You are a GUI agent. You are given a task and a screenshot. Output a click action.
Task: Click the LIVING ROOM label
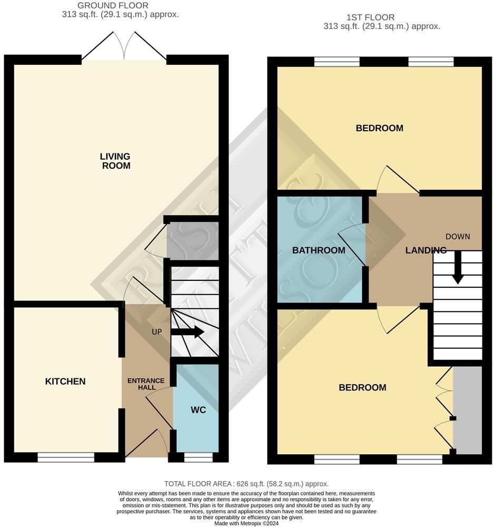[115, 161]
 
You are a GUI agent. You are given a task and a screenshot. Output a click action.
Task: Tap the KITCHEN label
[65, 381]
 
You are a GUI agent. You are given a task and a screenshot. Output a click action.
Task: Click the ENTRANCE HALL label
[146, 384]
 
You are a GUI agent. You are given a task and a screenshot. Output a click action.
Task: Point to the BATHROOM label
[319, 250]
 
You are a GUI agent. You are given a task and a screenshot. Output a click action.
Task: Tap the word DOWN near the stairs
[457, 236]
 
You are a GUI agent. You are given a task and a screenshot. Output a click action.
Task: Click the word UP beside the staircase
[157, 333]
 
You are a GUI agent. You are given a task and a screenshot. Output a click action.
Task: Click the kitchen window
[66, 457]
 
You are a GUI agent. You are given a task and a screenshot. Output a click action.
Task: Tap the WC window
[198, 457]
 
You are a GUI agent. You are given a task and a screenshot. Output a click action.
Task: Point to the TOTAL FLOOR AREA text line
[246, 484]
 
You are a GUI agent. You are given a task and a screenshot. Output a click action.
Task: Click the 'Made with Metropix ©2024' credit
[246, 523]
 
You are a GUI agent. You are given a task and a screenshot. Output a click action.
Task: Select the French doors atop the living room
[124, 46]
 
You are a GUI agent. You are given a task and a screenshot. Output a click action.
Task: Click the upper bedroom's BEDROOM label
[379, 128]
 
